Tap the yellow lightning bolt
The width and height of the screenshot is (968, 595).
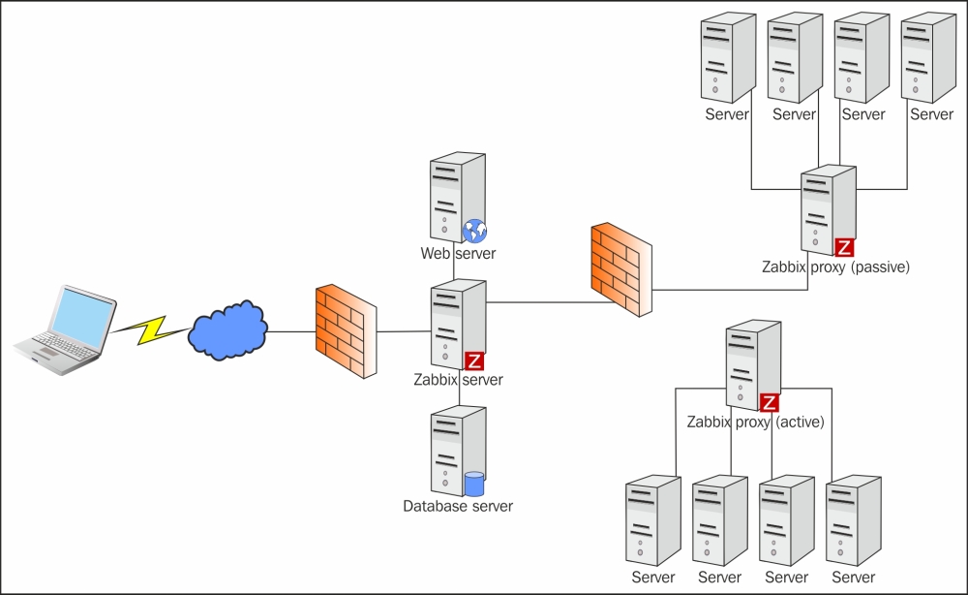149,328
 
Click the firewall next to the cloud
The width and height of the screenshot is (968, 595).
344,331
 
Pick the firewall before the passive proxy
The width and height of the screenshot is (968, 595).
621,270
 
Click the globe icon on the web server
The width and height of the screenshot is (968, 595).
474,231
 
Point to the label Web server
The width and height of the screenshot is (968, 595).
458,254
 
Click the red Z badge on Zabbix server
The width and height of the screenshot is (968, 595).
474,361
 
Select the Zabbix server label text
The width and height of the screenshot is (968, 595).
458,380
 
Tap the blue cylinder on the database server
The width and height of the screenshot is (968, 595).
474,484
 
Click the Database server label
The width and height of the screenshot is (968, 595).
458,506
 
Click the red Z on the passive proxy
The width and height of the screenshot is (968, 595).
844,246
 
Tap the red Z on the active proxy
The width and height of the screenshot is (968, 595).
770,402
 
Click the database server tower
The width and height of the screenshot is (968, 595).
455,451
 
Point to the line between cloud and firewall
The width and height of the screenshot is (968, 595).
291,332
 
